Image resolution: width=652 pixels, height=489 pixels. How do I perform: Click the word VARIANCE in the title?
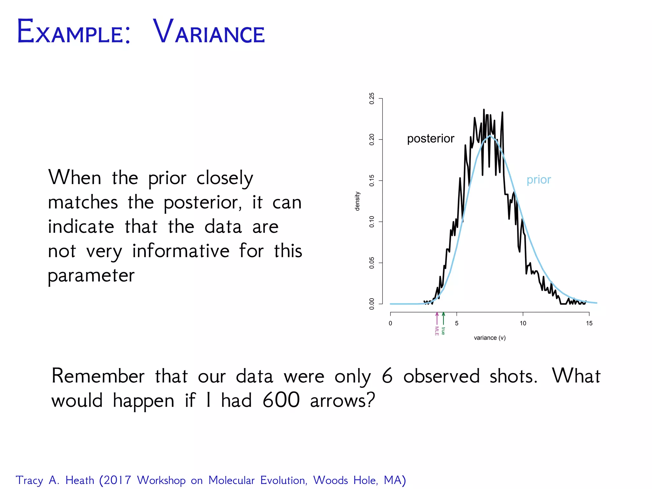pos(209,32)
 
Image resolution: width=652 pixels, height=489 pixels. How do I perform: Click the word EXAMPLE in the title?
pos(73,32)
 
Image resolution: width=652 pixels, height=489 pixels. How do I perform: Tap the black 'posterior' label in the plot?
pos(430,139)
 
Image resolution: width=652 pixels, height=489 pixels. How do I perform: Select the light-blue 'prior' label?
pos(538,180)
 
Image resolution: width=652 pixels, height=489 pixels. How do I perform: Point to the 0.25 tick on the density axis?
pos(372,99)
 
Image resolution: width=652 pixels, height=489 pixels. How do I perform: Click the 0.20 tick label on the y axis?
pos(372,139)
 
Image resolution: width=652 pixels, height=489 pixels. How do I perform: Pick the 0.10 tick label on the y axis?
pos(372,222)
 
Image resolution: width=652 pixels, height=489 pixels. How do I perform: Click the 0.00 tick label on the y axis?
pos(372,304)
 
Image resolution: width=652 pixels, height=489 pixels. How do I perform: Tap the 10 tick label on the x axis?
pos(523,323)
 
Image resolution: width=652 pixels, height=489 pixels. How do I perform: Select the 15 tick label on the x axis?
pos(589,323)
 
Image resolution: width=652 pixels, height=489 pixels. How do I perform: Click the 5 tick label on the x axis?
pos(457,323)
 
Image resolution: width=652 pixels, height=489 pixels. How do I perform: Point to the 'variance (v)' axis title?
pos(490,338)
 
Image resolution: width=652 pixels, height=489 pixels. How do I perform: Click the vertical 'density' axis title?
pos(357,201)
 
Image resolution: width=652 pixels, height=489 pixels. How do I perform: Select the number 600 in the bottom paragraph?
pos(281,400)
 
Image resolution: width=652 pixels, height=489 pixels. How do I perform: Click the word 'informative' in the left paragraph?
pos(181,251)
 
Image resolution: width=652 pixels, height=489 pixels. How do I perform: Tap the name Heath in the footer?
pos(80,480)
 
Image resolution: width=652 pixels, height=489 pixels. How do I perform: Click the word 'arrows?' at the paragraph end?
pos(343,400)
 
